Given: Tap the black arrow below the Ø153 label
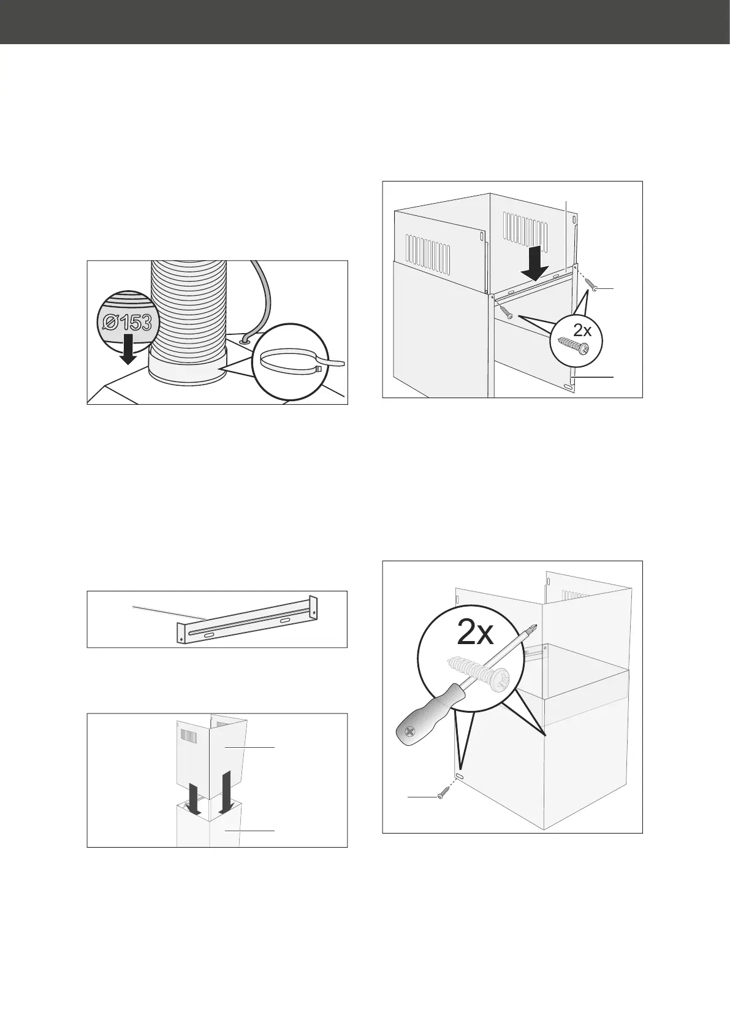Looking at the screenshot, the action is point(129,348).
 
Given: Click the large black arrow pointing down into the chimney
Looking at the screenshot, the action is point(535,263).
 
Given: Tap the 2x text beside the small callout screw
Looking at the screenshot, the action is point(582,330).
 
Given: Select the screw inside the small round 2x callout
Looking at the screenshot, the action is point(574,346).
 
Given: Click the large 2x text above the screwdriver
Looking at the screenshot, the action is point(475,634).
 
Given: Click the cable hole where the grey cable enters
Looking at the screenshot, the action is point(243,342).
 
